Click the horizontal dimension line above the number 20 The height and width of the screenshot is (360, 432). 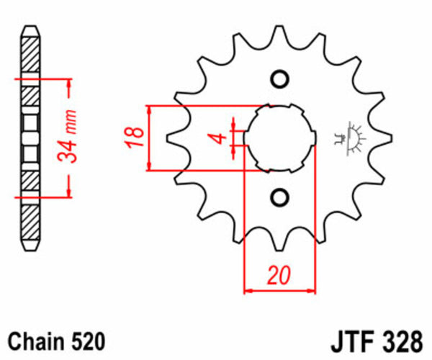coord(280,291)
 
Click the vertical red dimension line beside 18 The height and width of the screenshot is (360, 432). coord(149,138)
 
